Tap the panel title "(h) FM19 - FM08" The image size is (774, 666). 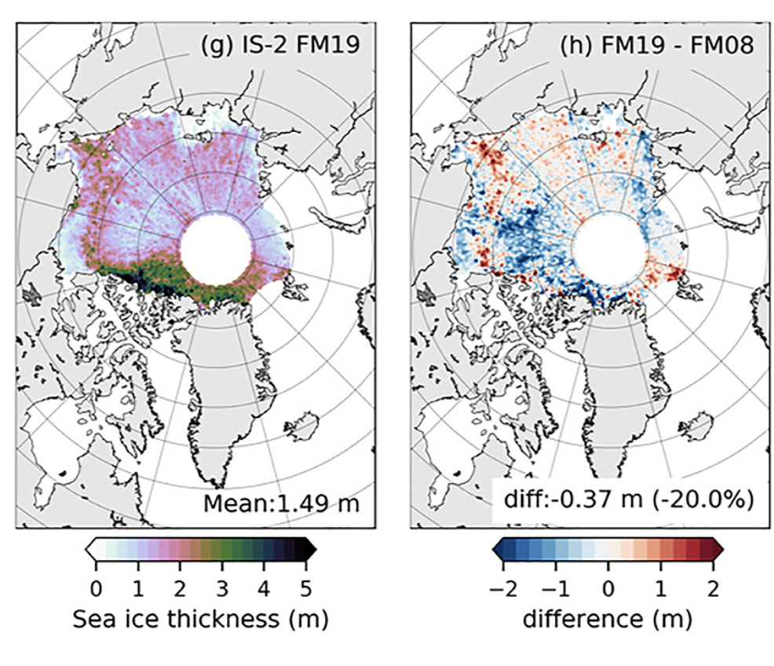[x=656, y=45]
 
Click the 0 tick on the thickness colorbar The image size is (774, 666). [x=96, y=587]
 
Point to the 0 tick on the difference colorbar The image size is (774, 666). [x=607, y=587]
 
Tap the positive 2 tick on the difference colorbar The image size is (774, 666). [x=713, y=587]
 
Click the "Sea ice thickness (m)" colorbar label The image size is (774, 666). [x=200, y=620]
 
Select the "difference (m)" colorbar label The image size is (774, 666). [x=607, y=620]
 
